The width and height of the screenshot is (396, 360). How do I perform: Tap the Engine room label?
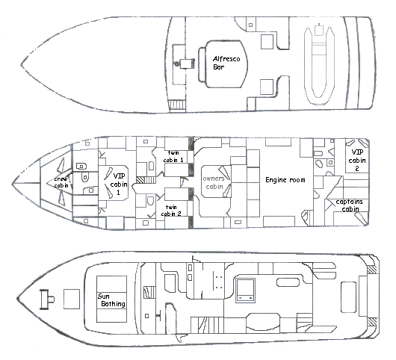(x=285, y=180)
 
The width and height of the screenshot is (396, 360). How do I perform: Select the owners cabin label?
(x=214, y=182)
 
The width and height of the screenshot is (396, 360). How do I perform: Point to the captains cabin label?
(x=349, y=205)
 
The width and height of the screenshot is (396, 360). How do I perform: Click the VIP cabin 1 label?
(x=119, y=184)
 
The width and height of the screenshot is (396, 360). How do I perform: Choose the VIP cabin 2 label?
(x=357, y=160)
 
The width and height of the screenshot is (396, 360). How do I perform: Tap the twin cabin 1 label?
(x=173, y=156)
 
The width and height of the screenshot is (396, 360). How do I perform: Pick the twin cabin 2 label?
(x=171, y=211)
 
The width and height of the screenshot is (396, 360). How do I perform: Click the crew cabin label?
(x=61, y=182)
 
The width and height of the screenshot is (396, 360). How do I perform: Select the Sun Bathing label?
(x=111, y=300)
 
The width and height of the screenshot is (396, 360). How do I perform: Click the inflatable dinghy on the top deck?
(x=319, y=65)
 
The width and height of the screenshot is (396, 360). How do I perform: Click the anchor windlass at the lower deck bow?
(x=47, y=300)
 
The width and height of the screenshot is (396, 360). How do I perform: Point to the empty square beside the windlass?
(x=72, y=300)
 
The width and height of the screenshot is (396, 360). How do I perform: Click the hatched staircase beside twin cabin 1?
(x=146, y=180)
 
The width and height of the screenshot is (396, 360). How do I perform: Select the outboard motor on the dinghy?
(x=319, y=30)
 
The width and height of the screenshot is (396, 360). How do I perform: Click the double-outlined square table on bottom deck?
(x=245, y=291)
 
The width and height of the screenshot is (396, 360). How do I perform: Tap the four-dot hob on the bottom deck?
(x=219, y=282)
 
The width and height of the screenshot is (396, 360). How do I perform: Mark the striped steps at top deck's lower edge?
(x=177, y=105)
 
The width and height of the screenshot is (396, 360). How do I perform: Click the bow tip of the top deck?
(x=21, y=64)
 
